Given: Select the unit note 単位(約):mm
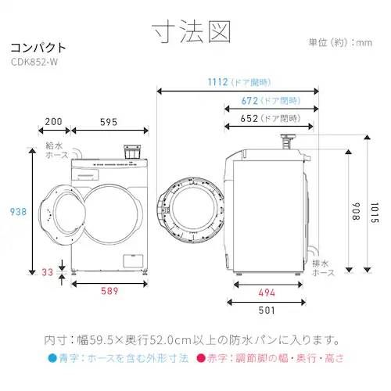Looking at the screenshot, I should point(340,42).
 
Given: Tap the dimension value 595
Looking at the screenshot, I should point(109,122).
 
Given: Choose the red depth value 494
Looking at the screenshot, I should point(267,292).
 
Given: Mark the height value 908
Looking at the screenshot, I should point(357,208).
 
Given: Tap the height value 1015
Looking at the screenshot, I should point(376,208).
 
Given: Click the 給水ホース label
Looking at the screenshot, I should point(57,151).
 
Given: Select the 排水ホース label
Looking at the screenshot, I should point(323,268).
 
